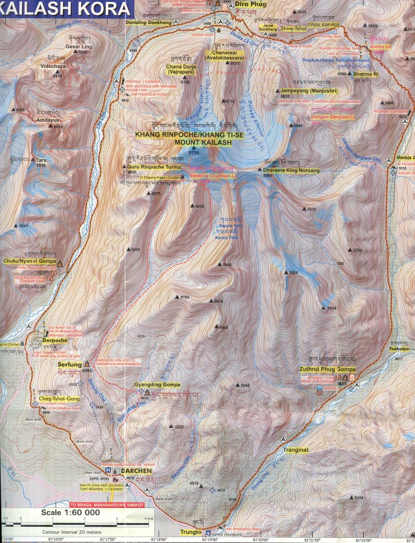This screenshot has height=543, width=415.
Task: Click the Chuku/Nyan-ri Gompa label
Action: (x=30, y=261)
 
